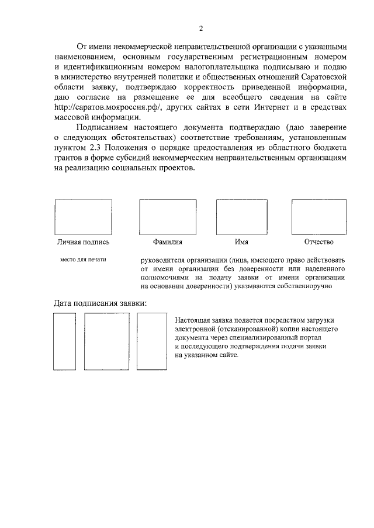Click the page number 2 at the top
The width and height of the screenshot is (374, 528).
click(x=200, y=29)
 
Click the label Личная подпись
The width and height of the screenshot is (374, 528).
click(x=83, y=242)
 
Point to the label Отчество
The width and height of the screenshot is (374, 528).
click(x=318, y=242)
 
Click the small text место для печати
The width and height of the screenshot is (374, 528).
click(x=84, y=260)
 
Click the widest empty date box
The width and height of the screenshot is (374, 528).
click(x=103, y=341)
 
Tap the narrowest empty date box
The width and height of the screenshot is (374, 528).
click(x=64, y=341)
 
